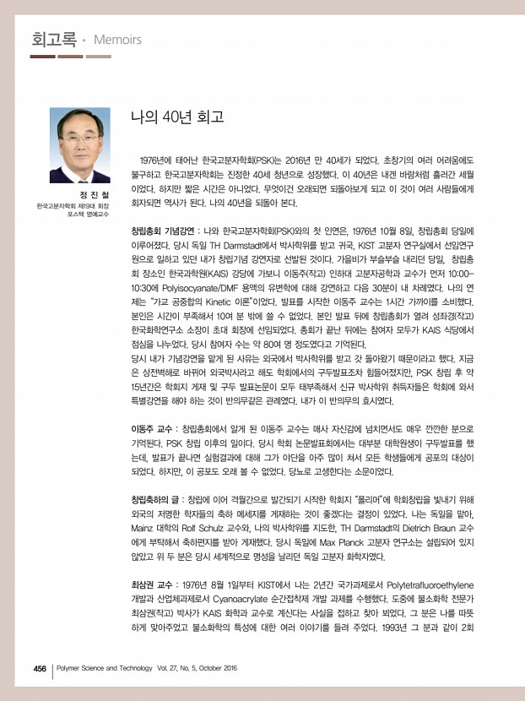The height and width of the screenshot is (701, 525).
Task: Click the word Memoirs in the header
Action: [x=117, y=40]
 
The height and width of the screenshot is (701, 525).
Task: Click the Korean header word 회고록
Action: [x=53, y=39]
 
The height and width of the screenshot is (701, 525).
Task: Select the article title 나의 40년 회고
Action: [x=176, y=117]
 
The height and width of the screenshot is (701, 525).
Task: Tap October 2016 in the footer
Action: [x=214, y=668]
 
